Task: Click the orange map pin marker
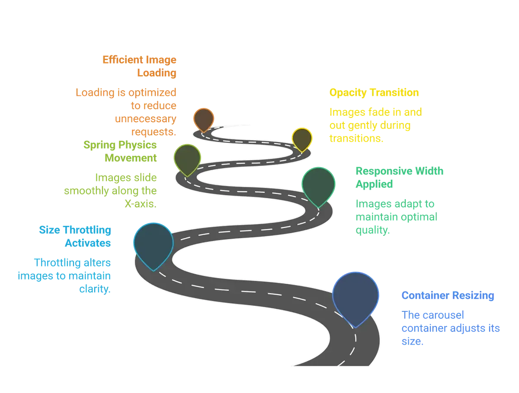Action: [x=204, y=120]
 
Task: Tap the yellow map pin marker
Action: [x=302, y=139]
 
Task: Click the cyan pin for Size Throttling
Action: [x=154, y=244]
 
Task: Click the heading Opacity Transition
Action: [x=374, y=92]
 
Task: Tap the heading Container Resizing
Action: [x=448, y=295]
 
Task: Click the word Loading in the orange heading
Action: [x=157, y=73]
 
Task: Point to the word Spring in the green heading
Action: [x=99, y=145]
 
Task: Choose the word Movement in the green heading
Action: [x=131, y=158]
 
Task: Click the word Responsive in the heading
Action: [x=384, y=171]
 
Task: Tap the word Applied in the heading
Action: [x=374, y=184]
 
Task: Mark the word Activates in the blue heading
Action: [x=88, y=243]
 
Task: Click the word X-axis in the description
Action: [x=141, y=204]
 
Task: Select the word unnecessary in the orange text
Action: [x=146, y=119]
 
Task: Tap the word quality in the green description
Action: [x=373, y=230]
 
